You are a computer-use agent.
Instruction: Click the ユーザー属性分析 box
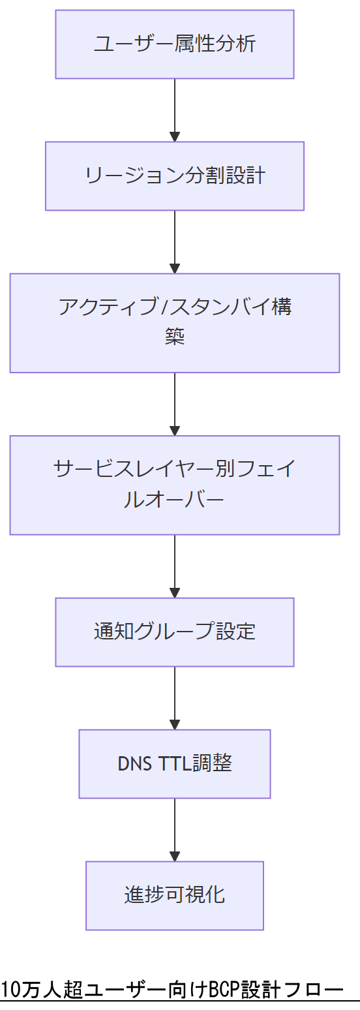coord(175,44)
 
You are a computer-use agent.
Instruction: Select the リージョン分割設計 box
coord(175,176)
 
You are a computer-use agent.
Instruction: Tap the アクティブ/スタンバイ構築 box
coord(175,323)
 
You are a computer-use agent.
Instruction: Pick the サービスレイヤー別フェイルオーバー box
coord(175,485)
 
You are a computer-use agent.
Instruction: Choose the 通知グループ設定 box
coord(175,632)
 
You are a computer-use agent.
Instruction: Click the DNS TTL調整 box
coord(175,764)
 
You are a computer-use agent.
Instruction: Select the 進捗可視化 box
coord(175,895)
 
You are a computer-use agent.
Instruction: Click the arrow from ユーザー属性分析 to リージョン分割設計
coord(175,110)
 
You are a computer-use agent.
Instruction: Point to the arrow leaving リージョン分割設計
coord(175,241)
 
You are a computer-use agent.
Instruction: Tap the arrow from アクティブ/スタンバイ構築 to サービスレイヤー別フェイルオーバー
coord(175,404)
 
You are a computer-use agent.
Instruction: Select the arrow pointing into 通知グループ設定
coord(175,566)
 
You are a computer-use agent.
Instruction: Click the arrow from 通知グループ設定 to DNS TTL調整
coord(175,697)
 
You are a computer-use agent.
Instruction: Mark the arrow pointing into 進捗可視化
coord(175,829)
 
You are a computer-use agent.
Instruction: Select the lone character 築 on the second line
coord(175,338)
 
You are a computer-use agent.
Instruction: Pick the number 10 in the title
coord(10,989)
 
